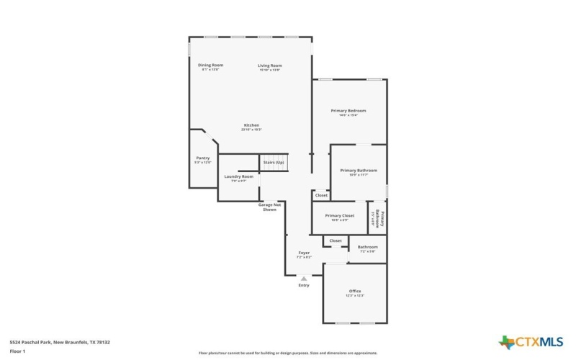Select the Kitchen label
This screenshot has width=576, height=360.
[251, 125]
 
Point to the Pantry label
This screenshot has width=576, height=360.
[203, 158]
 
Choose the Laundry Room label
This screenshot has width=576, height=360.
[238, 177]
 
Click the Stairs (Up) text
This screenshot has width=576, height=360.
[274, 163]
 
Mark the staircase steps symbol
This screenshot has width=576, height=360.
[274, 162]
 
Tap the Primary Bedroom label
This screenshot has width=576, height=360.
[348, 112]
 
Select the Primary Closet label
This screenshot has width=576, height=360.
[340, 216]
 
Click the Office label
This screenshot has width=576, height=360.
[356, 292]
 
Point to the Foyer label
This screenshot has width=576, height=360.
[304, 253]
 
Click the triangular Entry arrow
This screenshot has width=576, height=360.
[304, 278]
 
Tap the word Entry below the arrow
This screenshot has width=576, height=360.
[304, 286]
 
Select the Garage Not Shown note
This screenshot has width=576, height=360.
[270, 207]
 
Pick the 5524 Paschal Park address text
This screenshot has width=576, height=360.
[60, 342]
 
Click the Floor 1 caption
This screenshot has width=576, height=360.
[17, 351]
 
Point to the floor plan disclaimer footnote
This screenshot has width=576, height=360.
[288, 353]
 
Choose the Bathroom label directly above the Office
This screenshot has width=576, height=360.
[368, 248]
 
